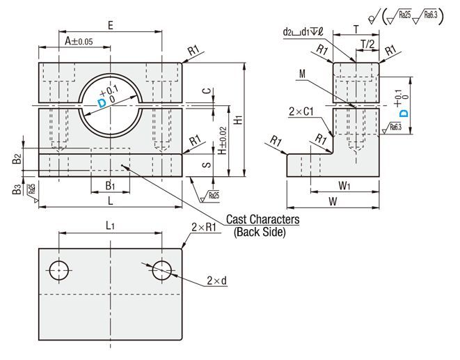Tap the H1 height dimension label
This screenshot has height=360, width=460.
pyautogui.click(x=238, y=120)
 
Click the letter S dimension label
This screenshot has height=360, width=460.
pyautogui.click(x=205, y=165)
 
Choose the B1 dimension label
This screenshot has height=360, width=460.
pyautogui.click(x=110, y=185)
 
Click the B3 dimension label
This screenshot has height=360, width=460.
pyautogui.click(x=17, y=189)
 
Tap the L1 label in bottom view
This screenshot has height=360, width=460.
pyautogui.click(x=110, y=225)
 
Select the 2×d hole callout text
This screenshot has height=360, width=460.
pyautogui.click(x=216, y=281)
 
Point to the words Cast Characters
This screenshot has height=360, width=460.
pyautogui.click(x=266, y=219)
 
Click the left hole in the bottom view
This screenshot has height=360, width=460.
pyautogui.click(x=59, y=268)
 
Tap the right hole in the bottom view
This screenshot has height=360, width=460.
pyautogui.click(x=161, y=268)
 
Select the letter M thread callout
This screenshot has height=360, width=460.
pyautogui.click(x=301, y=74)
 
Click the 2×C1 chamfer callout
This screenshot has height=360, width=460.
pyautogui.click(x=301, y=111)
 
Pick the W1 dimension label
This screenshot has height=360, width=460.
pyautogui.click(x=344, y=185)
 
